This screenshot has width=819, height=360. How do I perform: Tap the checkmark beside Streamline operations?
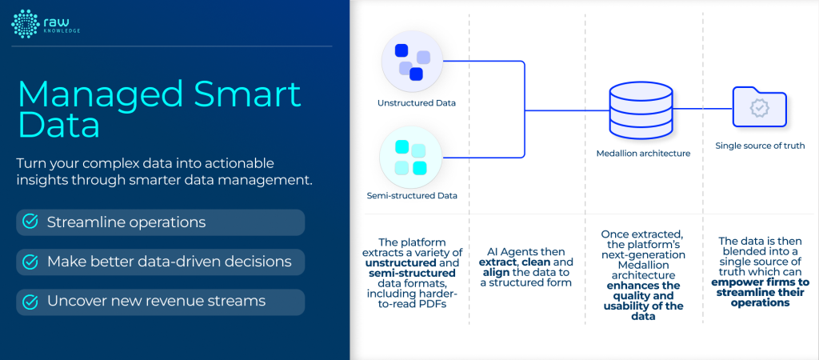30,222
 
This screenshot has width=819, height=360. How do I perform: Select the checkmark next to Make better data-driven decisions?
30,262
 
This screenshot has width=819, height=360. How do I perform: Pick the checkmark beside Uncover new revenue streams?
30,302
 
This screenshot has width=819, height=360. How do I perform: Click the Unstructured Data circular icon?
412,62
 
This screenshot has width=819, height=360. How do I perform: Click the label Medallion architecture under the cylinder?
642,153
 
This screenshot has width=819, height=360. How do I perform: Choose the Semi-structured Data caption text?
412,195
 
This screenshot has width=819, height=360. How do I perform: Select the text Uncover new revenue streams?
157,302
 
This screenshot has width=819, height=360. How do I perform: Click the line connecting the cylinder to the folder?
704,108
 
